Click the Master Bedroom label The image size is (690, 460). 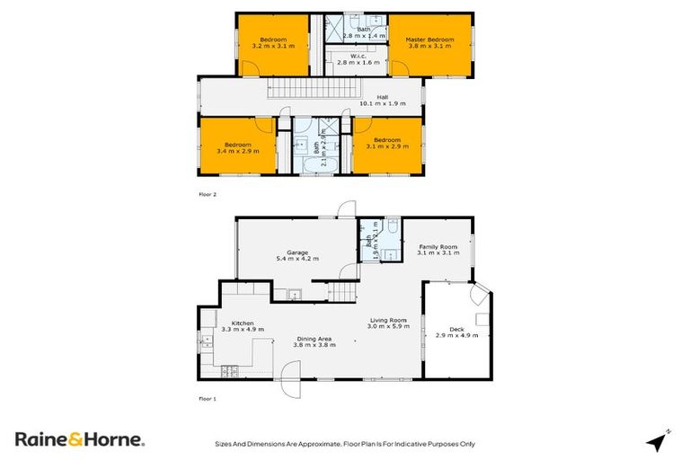point(429,40)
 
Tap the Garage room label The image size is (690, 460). point(297,253)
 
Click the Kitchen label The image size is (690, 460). point(243,323)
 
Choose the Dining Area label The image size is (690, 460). point(315,339)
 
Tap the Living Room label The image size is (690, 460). point(389,320)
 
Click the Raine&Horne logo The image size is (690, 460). point(79,439)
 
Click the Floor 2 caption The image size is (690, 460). point(208,193)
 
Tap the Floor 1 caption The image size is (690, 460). point(208,397)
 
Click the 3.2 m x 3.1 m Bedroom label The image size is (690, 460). point(273,40)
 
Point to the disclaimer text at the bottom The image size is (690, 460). point(344,443)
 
